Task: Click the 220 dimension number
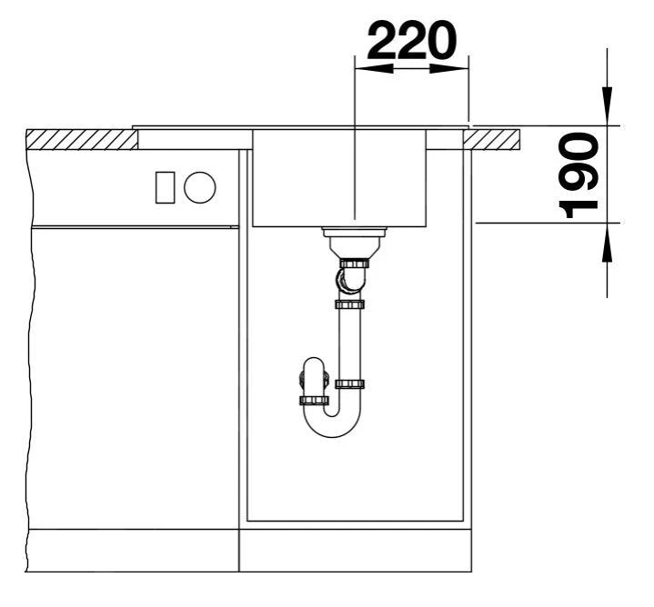tap(412, 41)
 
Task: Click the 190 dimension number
tap(579, 175)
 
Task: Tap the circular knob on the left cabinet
tap(200, 187)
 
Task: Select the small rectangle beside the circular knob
tap(165, 187)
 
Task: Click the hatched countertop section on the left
tap(82, 140)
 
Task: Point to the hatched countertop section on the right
tap(492, 140)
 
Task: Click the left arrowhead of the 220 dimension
tap(374, 69)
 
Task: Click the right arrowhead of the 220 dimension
tap(448, 69)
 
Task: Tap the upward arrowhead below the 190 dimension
tap(608, 243)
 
